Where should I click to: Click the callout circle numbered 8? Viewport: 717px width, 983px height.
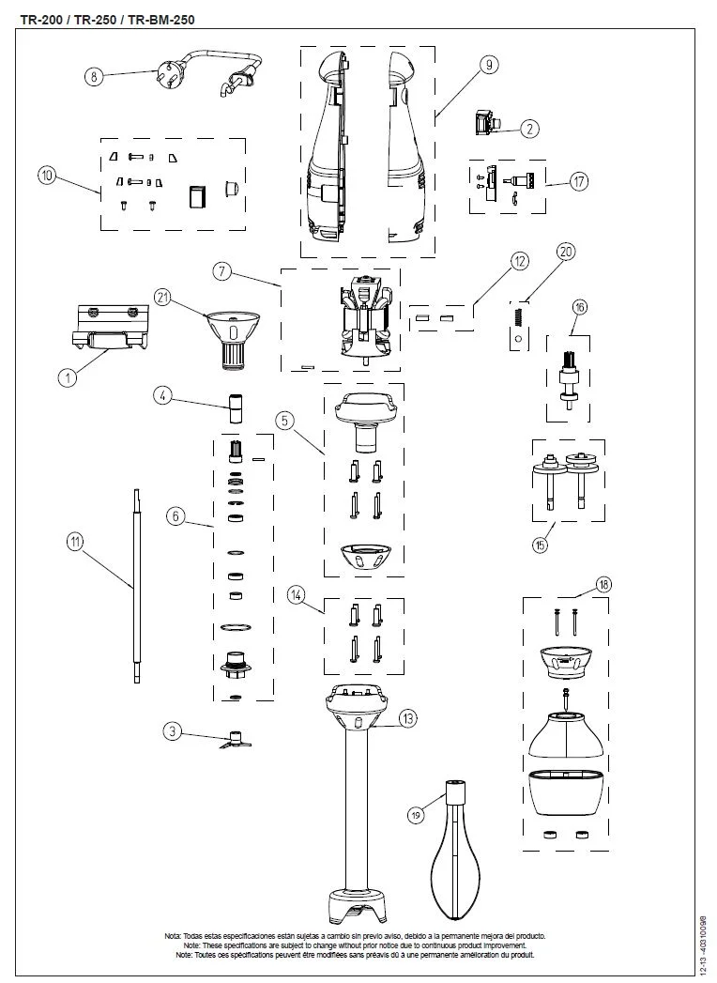coord(94,77)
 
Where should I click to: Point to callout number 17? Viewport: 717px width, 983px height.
coord(579,182)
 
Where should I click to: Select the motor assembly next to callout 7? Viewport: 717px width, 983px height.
coord(363,316)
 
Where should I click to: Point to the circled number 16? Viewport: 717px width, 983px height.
coord(580,307)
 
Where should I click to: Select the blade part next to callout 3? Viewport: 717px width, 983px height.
coord(232,739)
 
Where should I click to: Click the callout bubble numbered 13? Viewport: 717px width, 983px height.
coord(406,719)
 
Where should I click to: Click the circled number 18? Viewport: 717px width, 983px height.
coord(603,585)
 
